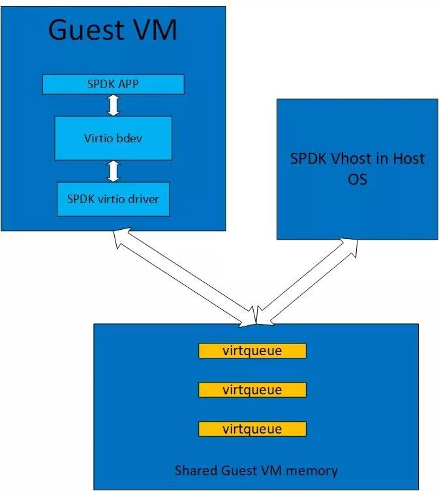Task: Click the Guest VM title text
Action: click(x=113, y=31)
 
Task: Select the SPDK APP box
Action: click(x=113, y=84)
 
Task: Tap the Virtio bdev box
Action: click(x=113, y=138)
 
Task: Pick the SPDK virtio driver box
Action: click(x=113, y=199)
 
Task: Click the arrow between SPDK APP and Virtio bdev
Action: click(x=114, y=105)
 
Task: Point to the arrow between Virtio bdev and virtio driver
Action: click(x=114, y=170)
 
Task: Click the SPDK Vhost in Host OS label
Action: click(x=357, y=168)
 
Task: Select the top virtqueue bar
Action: click(x=252, y=351)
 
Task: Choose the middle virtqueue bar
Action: click(x=252, y=390)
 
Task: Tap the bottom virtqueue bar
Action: click(x=252, y=430)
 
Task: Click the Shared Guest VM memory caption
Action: click(x=256, y=470)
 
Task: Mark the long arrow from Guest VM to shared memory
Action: click(x=183, y=277)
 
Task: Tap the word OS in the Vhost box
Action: click(x=357, y=178)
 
